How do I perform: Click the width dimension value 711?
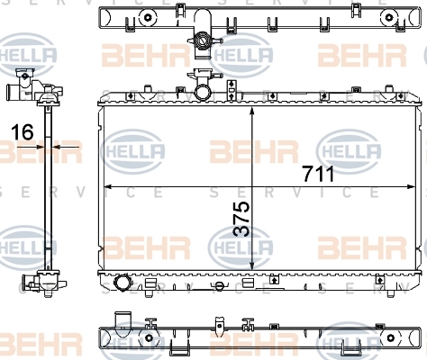point(318,175)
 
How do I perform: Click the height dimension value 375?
point(241,219)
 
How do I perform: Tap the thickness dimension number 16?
point(23,132)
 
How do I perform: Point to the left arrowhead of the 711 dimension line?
point(108,187)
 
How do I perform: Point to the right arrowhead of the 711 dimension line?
point(411,187)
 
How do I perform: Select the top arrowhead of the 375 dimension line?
point(252,112)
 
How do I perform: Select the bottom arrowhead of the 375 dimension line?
point(252,265)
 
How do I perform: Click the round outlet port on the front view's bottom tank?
point(122,283)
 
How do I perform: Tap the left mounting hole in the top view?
point(148,17)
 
